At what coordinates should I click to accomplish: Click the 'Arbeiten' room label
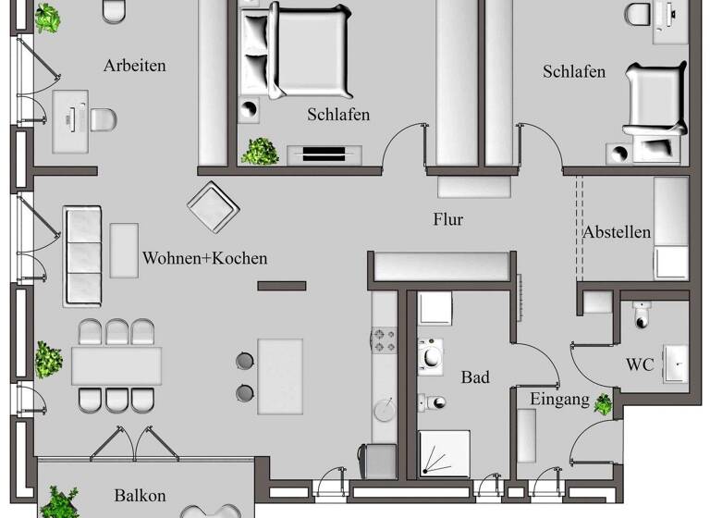tap(135, 66)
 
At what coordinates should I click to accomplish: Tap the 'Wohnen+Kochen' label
tap(204, 258)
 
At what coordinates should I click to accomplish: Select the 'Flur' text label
tap(447, 220)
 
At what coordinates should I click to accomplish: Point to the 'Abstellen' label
tap(617, 232)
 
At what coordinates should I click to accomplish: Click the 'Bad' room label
tap(475, 377)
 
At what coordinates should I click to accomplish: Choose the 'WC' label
tap(640, 365)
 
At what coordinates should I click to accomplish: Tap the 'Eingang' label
tap(559, 400)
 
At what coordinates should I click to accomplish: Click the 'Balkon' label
tap(141, 495)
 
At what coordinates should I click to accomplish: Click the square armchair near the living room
tap(214, 206)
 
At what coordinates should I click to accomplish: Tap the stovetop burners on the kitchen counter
tap(384, 341)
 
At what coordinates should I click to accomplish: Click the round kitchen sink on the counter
tap(385, 408)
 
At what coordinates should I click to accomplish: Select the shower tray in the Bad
tap(444, 454)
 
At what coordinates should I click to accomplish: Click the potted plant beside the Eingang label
tap(604, 403)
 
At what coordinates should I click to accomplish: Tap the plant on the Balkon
tap(61, 501)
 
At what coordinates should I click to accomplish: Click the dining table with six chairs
tap(116, 365)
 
